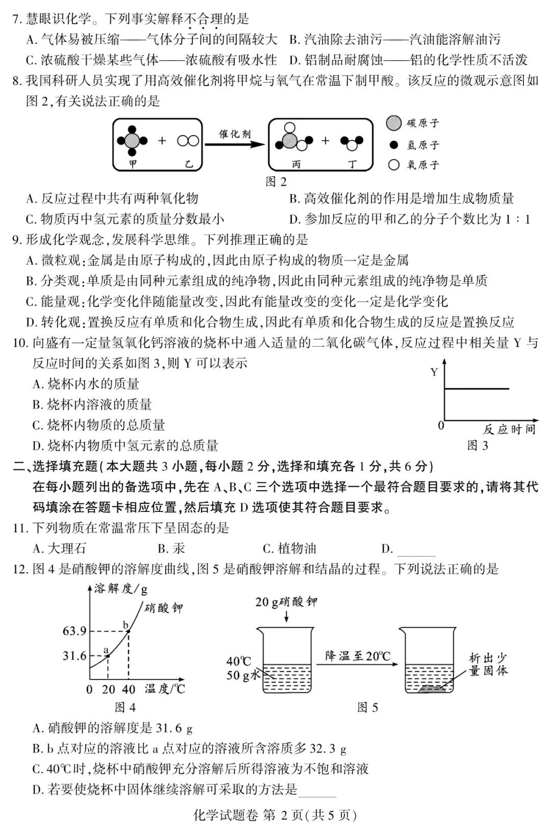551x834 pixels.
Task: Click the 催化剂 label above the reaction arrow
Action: coord(235,134)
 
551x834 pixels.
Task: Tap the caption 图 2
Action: coord(276,182)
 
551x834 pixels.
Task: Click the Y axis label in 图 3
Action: coord(434,372)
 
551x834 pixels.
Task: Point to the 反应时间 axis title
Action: coord(509,429)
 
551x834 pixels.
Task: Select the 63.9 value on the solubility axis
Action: coord(74,631)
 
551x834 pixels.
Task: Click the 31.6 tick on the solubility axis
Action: coord(74,655)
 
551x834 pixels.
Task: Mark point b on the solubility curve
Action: coord(128,631)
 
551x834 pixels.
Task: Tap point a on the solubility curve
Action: coord(108,656)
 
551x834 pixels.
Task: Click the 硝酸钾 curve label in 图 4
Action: coord(163,608)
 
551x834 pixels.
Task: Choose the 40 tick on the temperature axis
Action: coord(129,690)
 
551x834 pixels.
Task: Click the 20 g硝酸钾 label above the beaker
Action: coord(286,602)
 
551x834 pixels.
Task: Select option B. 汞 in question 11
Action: coord(171,549)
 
